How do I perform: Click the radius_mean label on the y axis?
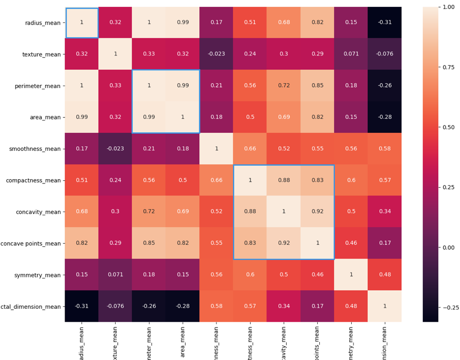click(x=43, y=22)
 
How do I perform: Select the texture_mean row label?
click(x=43, y=54)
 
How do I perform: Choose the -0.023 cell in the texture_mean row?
click(x=216, y=54)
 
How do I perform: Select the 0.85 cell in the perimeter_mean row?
click(x=317, y=85)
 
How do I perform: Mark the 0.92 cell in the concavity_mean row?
click(x=317, y=212)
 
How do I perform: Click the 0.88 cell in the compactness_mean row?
click(x=284, y=180)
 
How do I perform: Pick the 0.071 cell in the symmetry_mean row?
click(x=115, y=275)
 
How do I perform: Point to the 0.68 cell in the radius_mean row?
click(x=284, y=22)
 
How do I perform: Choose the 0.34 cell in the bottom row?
click(x=284, y=306)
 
